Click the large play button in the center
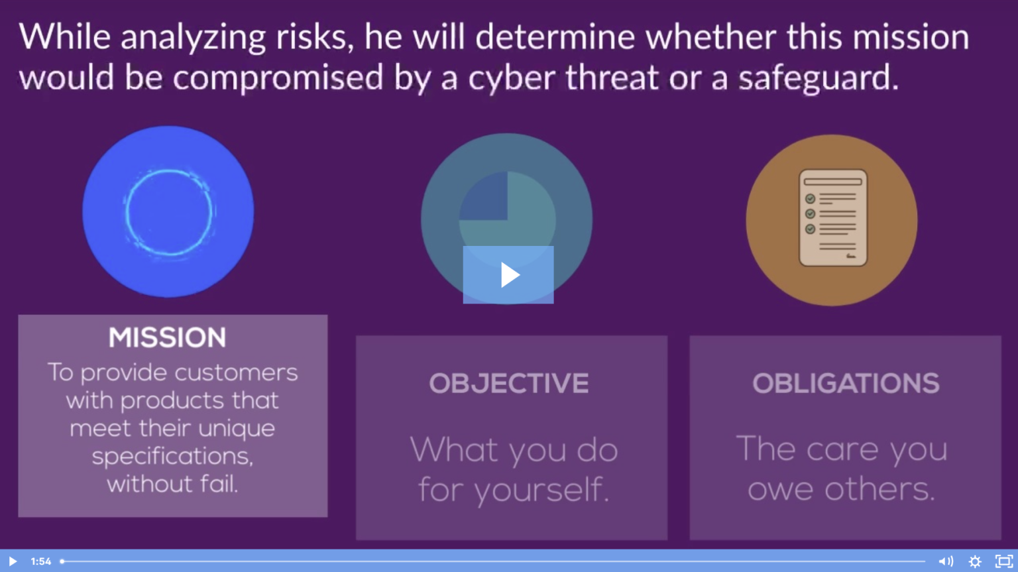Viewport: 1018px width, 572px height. [508, 274]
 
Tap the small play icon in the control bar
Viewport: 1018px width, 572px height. [12, 561]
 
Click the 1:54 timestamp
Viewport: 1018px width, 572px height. [40, 561]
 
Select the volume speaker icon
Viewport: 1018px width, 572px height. [945, 561]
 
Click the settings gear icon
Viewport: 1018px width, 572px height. [975, 561]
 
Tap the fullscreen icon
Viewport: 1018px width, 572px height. [1004, 561]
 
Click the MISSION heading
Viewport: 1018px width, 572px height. [168, 338]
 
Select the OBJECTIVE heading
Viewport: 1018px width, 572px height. [508, 383]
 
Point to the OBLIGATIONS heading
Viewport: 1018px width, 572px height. [846, 383]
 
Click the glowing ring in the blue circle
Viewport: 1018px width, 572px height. [168, 212]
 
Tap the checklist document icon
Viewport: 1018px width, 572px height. [832, 218]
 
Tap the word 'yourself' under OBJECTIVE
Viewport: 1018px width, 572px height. [541, 490]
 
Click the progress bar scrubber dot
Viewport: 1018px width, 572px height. [62, 561]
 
